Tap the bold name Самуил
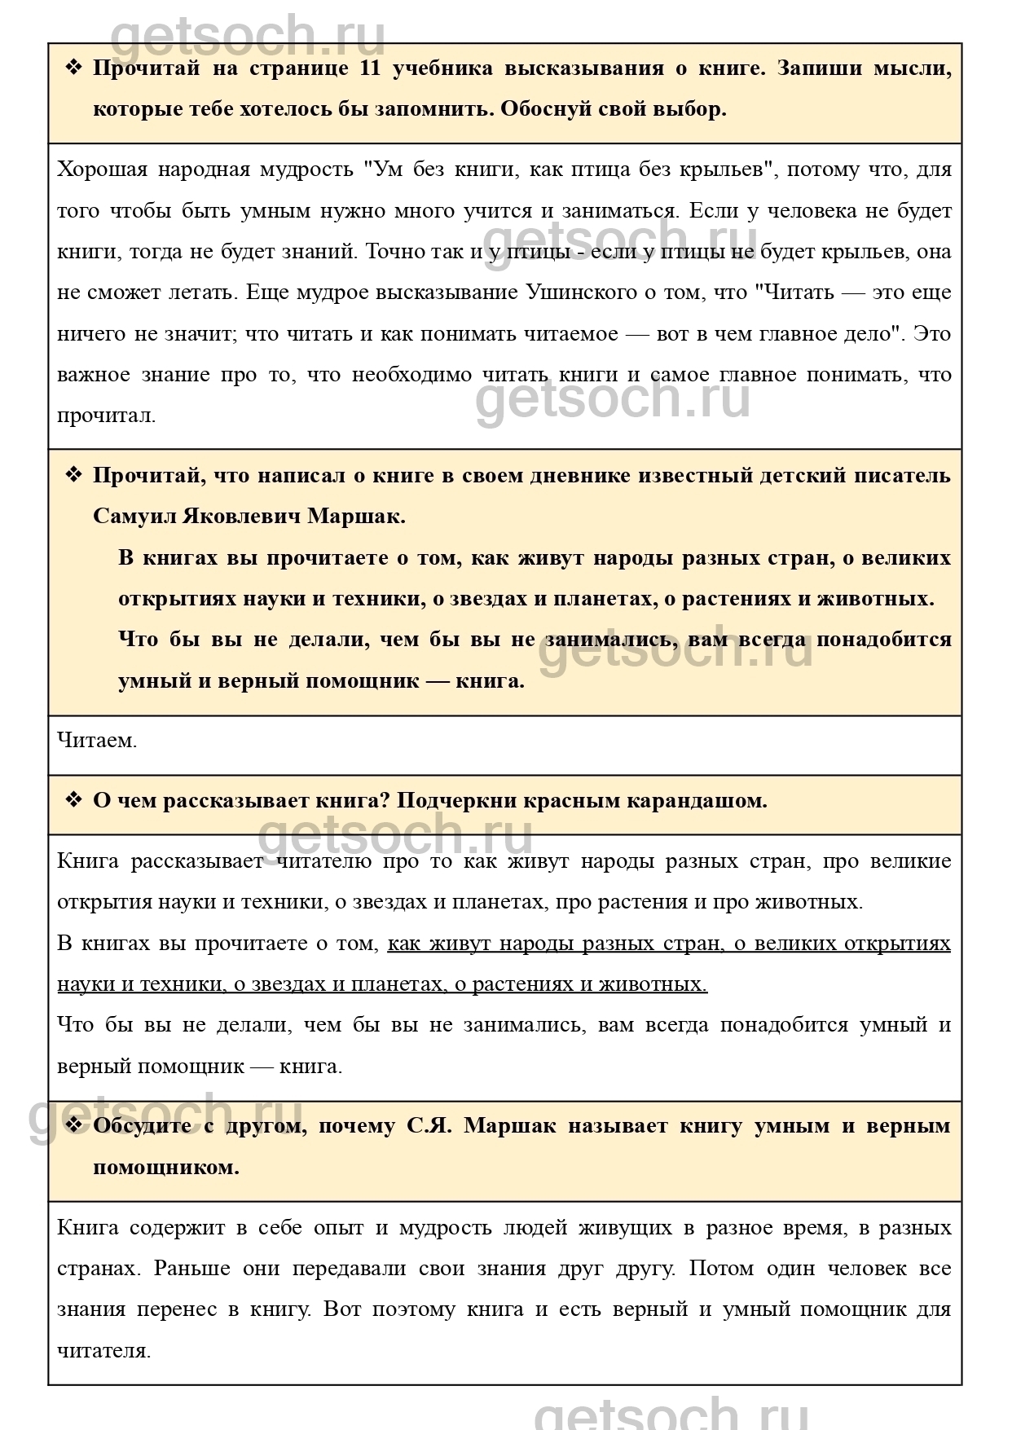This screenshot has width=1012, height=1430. click(x=133, y=517)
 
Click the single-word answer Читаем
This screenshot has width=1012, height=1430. click(x=97, y=741)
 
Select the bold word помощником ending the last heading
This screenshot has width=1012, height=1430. click(x=166, y=1168)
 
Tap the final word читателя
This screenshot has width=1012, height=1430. click(x=103, y=1351)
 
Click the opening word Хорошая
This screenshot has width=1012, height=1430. click(x=103, y=170)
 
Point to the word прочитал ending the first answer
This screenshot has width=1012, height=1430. click(x=106, y=416)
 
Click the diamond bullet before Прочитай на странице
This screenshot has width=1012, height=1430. click(x=74, y=68)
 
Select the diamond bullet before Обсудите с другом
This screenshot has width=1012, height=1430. click(x=74, y=1125)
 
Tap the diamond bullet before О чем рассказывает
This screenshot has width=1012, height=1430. click(x=74, y=800)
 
